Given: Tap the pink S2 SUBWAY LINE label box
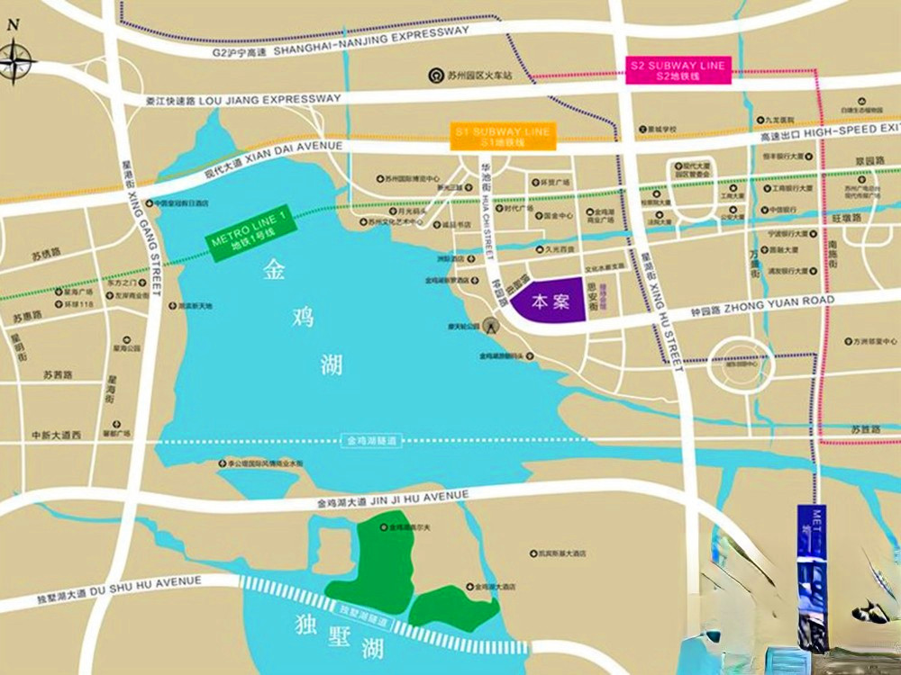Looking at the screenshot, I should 678,70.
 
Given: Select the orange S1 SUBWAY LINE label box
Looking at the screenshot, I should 502,136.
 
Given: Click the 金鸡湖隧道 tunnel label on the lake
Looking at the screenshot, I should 370,441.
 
